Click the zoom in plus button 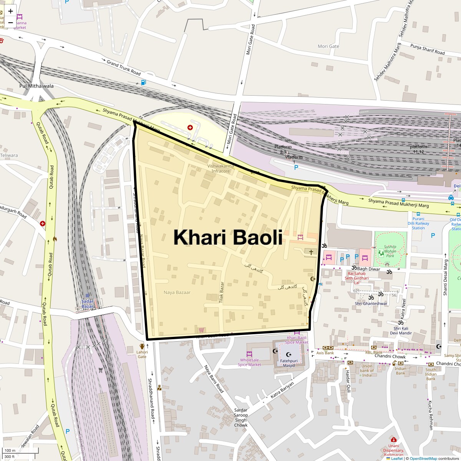point(10,11)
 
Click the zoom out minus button point(10,22)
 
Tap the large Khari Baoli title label point(228,237)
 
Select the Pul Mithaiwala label point(36,86)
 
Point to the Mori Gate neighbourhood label point(328,46)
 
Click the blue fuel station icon point(143,82)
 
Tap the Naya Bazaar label point(177,292)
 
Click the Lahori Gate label point(142,354)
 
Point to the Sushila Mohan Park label point(390,251)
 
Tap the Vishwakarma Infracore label point(221,169)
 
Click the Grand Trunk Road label point(124,68)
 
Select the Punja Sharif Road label point(427,50)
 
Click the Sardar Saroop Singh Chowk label point(241,418)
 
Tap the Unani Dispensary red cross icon point(393,439)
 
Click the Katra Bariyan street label point(282,390)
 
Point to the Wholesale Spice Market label point(249,362)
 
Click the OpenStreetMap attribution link point(423,458)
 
